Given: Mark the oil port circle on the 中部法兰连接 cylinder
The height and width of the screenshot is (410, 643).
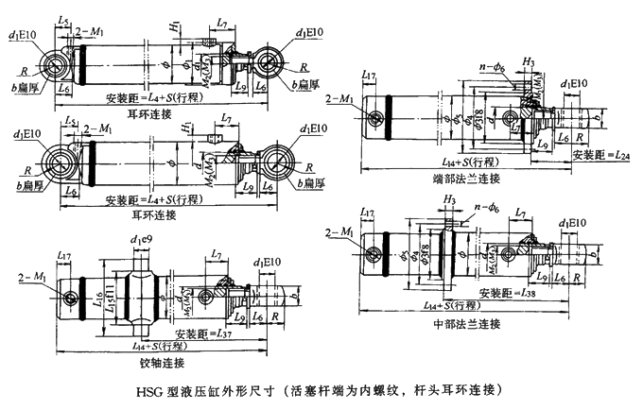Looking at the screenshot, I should click(x=376, y=255).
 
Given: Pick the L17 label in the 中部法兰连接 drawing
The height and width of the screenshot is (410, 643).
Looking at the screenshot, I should click(x=369, y=215).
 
